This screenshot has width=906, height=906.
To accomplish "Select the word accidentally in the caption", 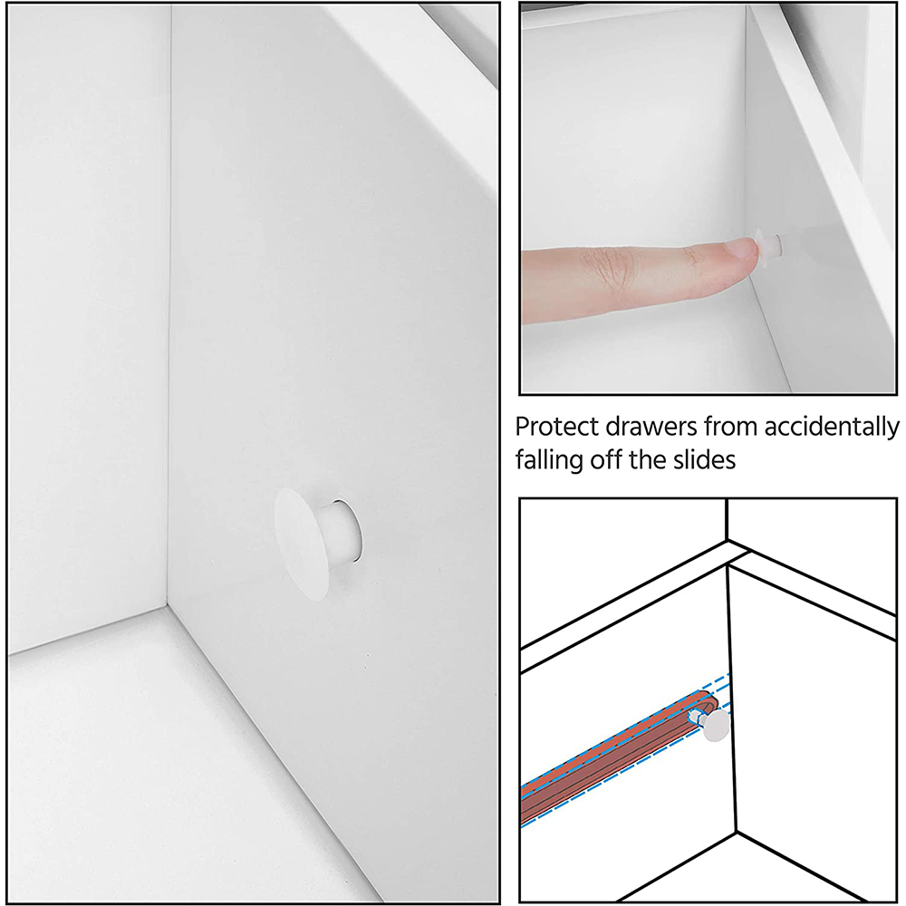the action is [x=831, y=428].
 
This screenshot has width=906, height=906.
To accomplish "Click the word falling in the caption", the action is [x=550, y=460].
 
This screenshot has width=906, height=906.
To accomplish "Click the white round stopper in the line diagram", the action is [x=717, y=725].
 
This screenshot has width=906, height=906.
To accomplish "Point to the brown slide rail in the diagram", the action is [x=618, y=756].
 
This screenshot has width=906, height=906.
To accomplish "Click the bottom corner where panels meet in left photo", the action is [x=167, y=605].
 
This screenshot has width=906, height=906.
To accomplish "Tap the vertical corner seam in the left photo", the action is [x=169, y=306].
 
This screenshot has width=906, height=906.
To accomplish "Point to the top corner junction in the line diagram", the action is [x=727, y=541].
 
